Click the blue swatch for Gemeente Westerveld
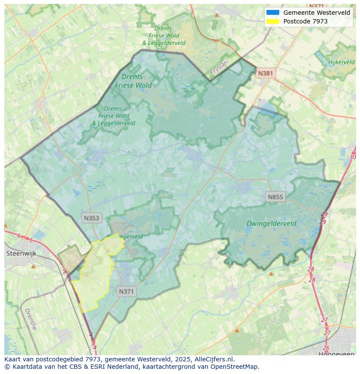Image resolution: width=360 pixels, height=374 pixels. click(x=273, y=13)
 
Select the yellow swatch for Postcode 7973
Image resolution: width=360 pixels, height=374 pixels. click(x=273, y=21)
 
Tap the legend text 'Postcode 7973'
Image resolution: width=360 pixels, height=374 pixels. click(x=305, y=21)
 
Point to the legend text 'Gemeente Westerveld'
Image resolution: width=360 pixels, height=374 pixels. click(x=317, y=13)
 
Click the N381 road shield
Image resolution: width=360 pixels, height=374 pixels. click(x=265, y=73)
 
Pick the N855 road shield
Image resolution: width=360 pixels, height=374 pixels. click(x=275, y=197)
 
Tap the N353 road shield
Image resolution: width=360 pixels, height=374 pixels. click(x=91, y=218)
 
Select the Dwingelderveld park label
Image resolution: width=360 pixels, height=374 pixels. click(x=271, y=224)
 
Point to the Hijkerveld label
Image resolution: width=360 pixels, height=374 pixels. click(x=342, y=62)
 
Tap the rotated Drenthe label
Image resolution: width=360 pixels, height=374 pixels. click(x=30, y=319)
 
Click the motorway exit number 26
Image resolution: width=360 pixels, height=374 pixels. click(x=326, y=348)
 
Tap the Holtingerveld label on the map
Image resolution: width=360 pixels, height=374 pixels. click(x=125, y=237)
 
